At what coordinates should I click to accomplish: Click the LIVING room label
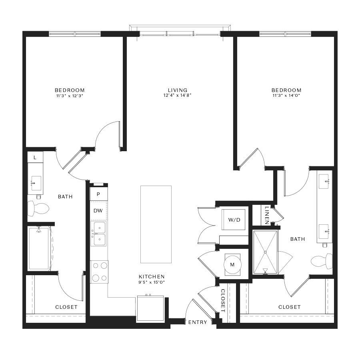point(178,90)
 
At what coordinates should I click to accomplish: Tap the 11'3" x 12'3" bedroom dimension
point(70,96)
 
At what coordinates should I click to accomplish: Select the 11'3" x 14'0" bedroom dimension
point(286,96)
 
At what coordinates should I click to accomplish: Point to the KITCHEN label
point(152,277)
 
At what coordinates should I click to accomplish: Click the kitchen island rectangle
point(156,224)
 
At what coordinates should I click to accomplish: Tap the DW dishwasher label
point(98,210)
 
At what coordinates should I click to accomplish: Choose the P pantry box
point(98,194)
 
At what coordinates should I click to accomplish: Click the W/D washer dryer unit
point(234,220)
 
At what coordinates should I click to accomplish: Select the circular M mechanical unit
point(232,265)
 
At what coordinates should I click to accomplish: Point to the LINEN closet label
point(266,215)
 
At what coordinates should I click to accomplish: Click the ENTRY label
point(198,322)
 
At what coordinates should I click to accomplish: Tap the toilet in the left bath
point(38,209)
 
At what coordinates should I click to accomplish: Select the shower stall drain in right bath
point(265,252)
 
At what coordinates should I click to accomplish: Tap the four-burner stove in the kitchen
point(99,272)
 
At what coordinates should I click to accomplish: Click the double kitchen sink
point(98,234)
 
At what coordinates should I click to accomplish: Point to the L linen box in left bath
point(35,157)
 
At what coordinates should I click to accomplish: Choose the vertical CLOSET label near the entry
point(223,300)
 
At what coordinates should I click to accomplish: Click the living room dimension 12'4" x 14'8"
point(178,96)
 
